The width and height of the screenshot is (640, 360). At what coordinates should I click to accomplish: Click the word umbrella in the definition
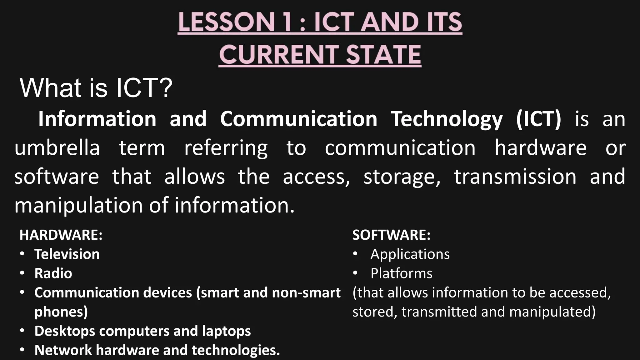(57, 148)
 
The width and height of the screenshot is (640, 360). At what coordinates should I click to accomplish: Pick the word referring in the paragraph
(226, 148)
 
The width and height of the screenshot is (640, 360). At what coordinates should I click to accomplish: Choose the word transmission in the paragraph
(515, 177)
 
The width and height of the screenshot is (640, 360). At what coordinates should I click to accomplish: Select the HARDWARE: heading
(61, 235)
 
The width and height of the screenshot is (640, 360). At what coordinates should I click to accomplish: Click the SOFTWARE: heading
(391, 235)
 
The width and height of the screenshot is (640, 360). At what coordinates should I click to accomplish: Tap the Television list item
(67, 254)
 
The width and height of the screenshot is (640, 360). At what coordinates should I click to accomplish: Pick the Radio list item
(53, 273)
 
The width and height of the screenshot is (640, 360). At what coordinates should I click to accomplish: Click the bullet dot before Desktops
(22, 331)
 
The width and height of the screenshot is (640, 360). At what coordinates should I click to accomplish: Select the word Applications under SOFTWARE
(410, 254)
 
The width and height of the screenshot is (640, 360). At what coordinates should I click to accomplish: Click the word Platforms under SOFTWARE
(401, 273)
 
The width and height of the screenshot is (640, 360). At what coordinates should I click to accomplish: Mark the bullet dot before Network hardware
(22, 350)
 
